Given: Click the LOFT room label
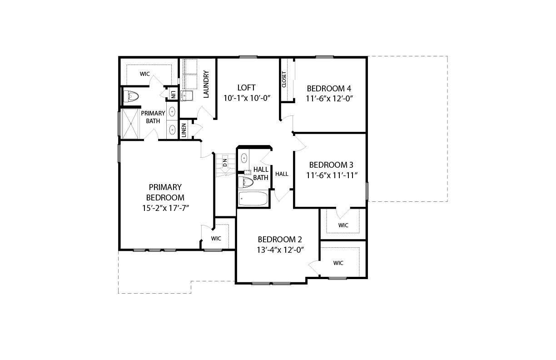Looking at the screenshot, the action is point(246,88).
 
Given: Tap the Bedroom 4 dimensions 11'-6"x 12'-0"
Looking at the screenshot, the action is point(329,99).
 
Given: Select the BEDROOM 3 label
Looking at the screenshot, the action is point(331,165).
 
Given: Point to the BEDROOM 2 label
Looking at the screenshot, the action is point(280,240).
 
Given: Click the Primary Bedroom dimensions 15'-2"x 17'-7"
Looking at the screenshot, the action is point(165,208).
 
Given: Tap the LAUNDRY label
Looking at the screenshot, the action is point(206,84).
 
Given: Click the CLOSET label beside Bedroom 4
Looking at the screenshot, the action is point(284,80).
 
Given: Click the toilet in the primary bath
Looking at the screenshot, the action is point(131,96).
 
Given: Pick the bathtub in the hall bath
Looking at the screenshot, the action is point(253,199).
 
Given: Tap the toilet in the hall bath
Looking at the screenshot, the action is point(246,183).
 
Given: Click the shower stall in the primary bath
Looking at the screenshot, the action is point(129,124).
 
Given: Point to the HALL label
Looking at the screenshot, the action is point(282,174).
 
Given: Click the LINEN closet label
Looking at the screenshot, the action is point(184,130).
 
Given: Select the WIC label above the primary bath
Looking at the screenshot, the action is point(145,74).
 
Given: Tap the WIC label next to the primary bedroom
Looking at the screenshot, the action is point(216,239).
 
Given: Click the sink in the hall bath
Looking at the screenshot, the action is point(244,158).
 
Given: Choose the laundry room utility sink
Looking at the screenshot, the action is point(187,95).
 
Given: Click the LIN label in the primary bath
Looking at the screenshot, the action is point(173,95).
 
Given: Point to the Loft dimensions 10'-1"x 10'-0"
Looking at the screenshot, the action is point(247,98).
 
